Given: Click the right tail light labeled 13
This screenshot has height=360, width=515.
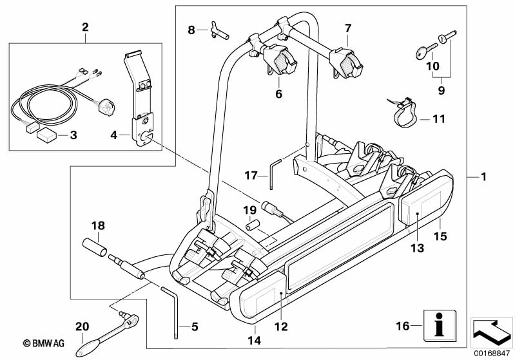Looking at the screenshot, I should [419, 208].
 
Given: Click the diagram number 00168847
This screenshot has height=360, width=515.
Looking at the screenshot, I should [492, 354].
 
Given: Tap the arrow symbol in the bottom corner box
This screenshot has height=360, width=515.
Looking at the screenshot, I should [491, 332].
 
